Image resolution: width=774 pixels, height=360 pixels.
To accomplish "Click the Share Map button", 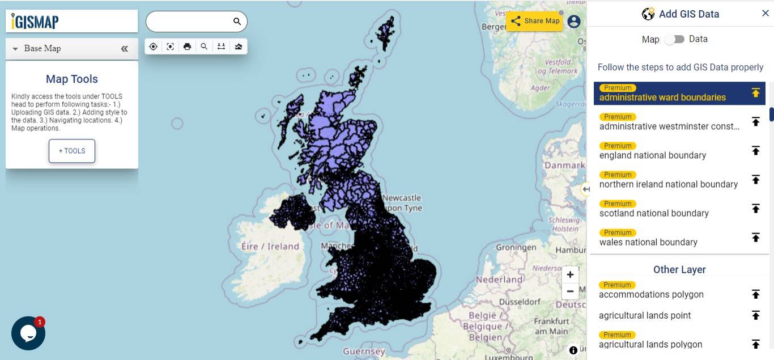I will (534, 21).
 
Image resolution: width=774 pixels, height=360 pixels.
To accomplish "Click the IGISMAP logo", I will (35, 22).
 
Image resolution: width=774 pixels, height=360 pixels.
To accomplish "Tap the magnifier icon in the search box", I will (237, 22).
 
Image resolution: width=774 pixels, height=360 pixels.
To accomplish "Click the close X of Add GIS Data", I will (765, 13).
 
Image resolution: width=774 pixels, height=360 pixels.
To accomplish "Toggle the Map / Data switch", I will (674, 39).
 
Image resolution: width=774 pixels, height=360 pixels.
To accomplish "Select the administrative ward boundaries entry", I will (662, 97).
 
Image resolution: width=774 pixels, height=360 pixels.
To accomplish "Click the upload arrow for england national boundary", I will (755, 150).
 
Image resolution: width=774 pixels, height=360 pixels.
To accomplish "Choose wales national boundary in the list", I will (648, 242).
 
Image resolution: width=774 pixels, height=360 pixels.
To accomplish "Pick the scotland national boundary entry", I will (654, 213).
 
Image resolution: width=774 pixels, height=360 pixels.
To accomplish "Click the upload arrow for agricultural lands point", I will (755, 315).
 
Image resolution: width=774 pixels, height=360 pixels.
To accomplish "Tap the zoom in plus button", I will (570, 275).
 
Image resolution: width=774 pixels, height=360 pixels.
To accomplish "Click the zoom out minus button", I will (570, 291).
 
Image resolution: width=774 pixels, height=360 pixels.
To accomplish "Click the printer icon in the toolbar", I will (187, 46).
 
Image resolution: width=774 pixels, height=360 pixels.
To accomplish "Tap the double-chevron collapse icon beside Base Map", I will (125, 49).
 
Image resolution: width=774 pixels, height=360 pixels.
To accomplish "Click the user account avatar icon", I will (573, 22).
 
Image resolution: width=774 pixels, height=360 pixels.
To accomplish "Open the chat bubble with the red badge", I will (28, 333).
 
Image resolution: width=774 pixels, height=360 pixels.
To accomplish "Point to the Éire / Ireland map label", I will (270, 247).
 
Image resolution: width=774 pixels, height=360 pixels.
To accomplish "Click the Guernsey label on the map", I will (364, 351).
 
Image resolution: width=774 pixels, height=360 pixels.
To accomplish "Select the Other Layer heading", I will (679, 269).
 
